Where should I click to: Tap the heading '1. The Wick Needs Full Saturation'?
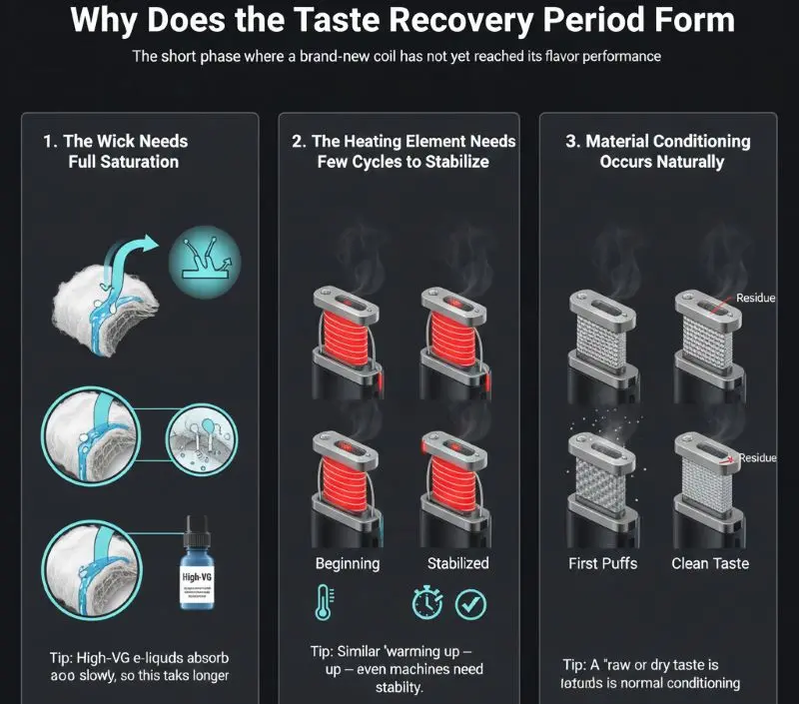(115, 151)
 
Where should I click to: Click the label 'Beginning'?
(347, 563)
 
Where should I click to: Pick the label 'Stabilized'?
(457, 563)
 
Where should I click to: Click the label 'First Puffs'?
(602, 563)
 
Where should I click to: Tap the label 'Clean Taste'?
(710, 563)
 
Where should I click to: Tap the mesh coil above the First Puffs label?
(602, 484)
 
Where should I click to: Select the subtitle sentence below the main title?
(397, 56)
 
